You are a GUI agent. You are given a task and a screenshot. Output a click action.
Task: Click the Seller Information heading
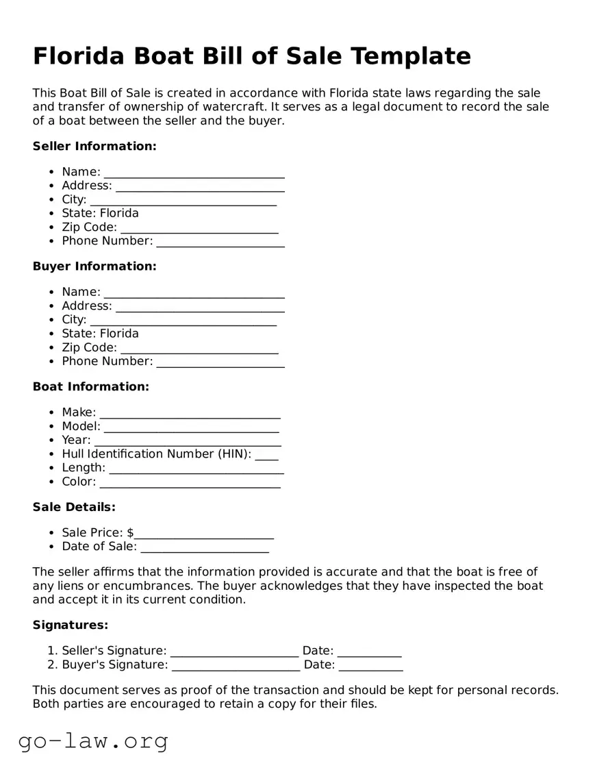coord(94,146)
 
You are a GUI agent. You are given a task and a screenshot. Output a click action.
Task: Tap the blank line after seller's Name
coord(194,173)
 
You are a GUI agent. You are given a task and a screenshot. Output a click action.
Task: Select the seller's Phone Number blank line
coord(220,242)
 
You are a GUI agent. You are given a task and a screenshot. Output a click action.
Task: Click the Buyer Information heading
coord(94,266)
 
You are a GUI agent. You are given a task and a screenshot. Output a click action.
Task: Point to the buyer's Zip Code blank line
coord(199,348)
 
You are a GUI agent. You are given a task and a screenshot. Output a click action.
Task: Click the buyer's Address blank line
coord(200,307)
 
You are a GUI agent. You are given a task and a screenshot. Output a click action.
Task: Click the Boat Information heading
coord(90,386)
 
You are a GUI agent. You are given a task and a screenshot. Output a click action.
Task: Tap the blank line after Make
coord(190,413)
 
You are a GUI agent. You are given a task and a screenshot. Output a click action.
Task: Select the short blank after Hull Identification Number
coord(266,455)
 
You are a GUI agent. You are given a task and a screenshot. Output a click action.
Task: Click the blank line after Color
coord(190,482)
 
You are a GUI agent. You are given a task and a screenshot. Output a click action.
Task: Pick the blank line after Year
coord(188,440)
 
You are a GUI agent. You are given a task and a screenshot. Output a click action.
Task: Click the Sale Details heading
coord(74,507)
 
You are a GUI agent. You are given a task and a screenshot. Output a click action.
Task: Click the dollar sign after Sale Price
coord(130,533)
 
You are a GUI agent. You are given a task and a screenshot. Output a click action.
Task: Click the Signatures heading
coord(71,625)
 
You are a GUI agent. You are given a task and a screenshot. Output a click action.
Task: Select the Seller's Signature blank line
coord(234,651)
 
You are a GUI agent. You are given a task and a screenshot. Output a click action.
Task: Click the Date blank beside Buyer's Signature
coord(370,665)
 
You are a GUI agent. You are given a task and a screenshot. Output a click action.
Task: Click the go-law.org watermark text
coord(93,741)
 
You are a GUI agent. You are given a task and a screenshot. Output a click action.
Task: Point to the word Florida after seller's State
coord(119,213)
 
